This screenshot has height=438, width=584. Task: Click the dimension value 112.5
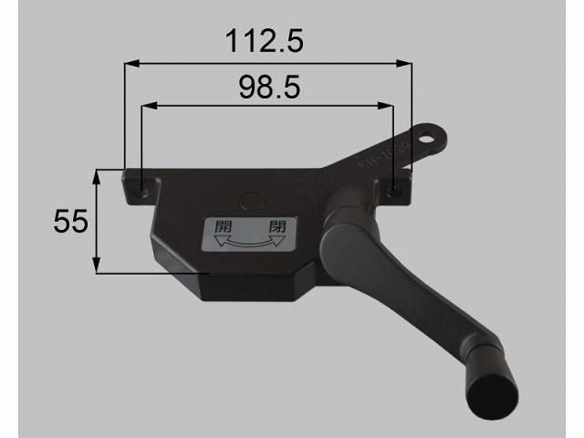click(264, 40)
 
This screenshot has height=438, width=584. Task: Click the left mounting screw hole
click(144, 192)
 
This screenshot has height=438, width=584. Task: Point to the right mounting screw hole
click(392, 191)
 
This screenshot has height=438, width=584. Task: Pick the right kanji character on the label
click(276, 226)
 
